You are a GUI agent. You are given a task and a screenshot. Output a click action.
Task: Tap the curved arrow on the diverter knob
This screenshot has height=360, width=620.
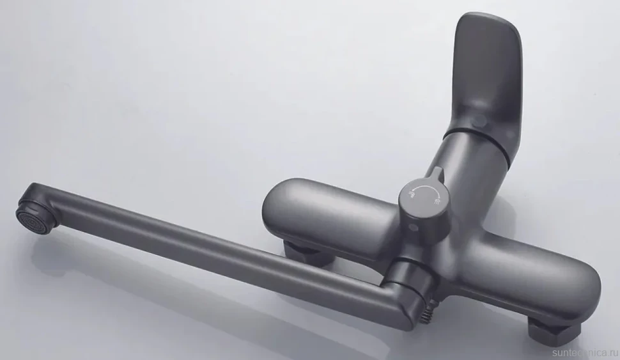tap(426, 189)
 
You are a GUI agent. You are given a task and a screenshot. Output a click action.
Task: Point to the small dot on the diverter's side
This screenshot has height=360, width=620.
tap(414, 227)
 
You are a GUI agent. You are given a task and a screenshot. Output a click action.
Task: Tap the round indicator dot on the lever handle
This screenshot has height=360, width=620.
tap(481, 120)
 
